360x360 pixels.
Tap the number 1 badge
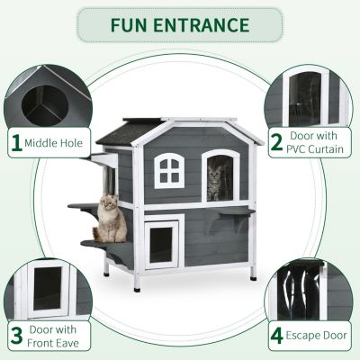(15, 141)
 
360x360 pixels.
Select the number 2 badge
(274, 142)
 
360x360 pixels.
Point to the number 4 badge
(276, 337)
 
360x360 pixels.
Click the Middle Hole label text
(55, 141)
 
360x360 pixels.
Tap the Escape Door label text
(316, 337)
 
